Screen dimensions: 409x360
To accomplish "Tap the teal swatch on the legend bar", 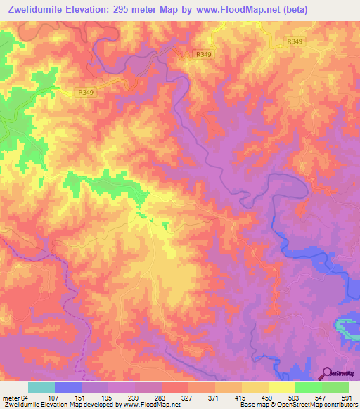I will [41, 387].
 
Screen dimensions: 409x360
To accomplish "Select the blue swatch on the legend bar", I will [68, 387].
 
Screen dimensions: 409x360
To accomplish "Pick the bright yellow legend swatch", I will [282, 387].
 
